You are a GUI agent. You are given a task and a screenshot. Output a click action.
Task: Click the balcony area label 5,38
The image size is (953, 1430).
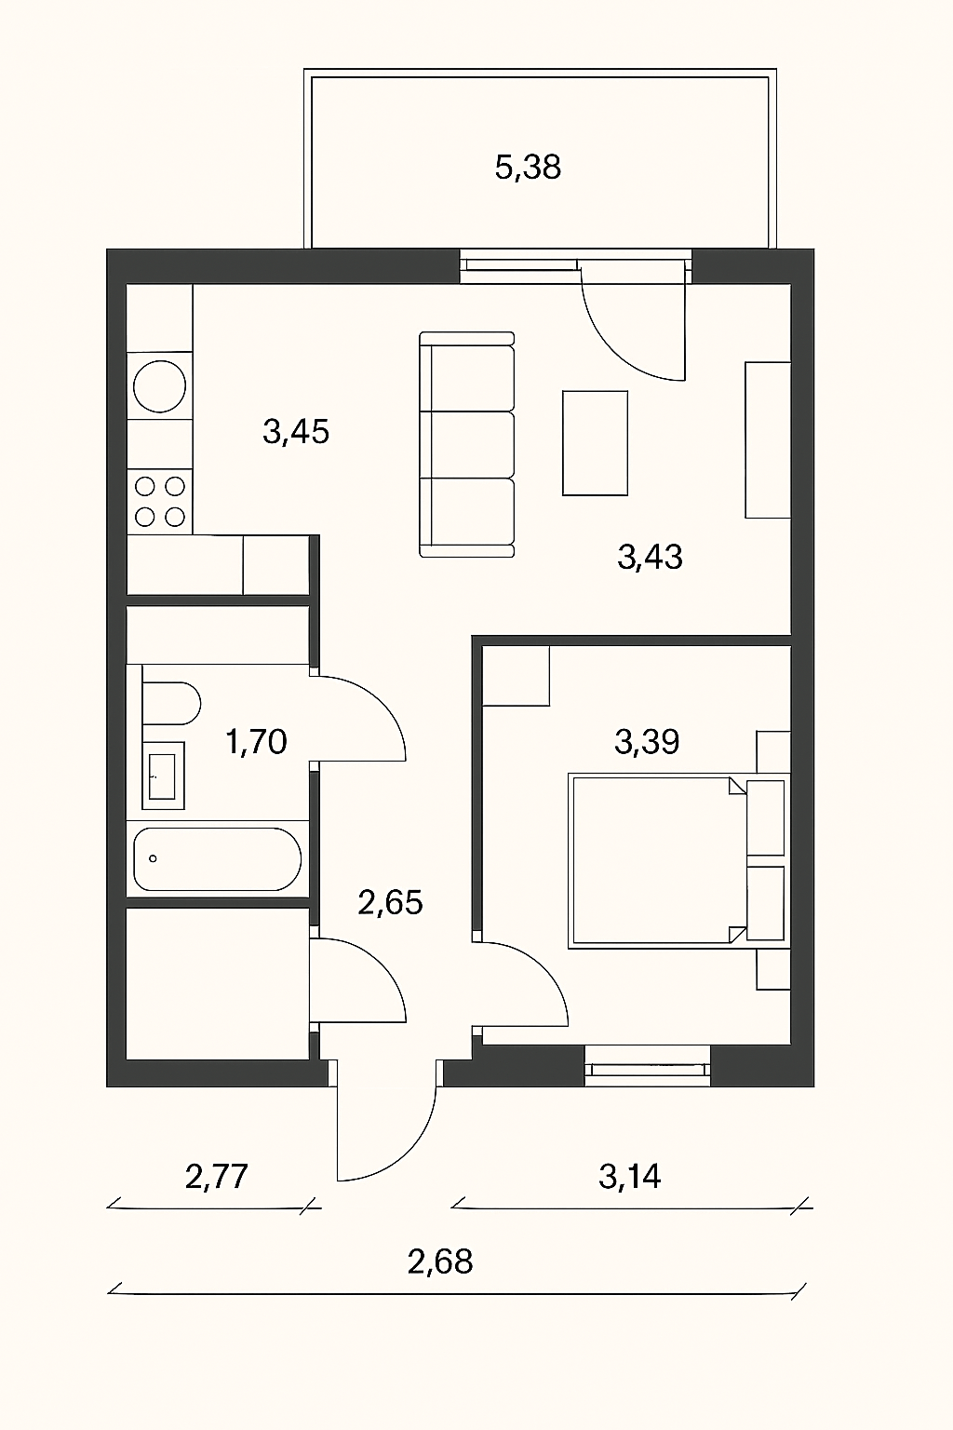[x=528, y=168]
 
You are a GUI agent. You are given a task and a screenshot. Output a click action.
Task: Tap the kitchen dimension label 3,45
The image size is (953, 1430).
[x=296, y=432]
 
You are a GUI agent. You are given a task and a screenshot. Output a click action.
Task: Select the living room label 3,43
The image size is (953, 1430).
[x=650, y=557]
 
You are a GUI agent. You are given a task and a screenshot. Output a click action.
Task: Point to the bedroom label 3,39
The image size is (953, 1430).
[x=647, y=742]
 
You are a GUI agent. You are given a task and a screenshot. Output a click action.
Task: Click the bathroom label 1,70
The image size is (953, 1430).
[x=256, y=742]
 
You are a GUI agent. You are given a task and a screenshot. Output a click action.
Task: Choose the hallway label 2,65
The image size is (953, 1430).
[x=390, y=902]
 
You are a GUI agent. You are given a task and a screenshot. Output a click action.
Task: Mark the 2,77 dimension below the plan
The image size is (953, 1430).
[x=216, y=1177]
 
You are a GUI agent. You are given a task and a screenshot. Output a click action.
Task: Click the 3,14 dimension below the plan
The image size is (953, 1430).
[x=630, y=1177]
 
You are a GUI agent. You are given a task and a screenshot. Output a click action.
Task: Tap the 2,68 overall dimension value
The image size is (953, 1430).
[x=440, y=1261]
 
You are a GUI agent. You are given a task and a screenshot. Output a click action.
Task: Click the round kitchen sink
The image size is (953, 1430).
[x=159, y=386]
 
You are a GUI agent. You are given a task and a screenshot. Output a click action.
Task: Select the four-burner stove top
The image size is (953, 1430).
[x=159, y=501]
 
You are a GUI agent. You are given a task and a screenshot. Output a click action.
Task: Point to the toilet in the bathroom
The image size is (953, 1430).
[x=170, y=704]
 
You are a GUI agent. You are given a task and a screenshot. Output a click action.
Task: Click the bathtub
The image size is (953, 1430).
[x=217, y=859]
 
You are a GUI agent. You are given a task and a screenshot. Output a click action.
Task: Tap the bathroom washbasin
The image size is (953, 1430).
[x=163, y=775]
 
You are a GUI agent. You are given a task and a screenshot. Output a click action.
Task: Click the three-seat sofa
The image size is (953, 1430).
[x=466, y=444]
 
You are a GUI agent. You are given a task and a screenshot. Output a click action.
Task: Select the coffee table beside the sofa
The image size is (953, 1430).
[x=595, y=443]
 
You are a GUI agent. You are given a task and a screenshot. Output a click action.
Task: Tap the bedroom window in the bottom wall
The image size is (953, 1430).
[x=648, y=1065]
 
